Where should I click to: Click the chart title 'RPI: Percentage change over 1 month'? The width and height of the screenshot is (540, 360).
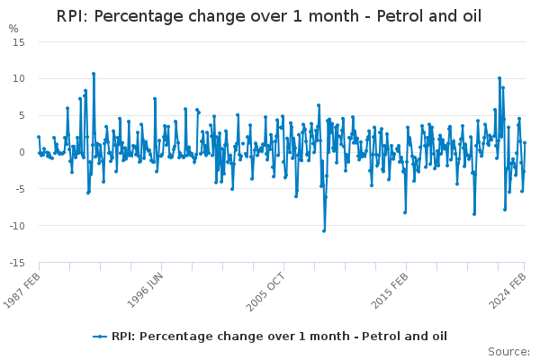269,16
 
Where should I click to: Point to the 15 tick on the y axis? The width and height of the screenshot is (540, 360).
18,42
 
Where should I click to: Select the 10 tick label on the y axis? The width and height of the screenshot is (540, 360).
18,79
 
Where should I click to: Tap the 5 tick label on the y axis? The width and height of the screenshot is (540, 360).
21,116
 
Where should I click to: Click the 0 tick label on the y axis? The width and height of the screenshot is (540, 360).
21,153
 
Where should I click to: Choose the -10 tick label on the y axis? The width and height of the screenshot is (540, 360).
16,227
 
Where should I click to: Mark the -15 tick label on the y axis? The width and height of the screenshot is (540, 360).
16,264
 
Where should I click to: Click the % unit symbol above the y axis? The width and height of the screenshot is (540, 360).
13,29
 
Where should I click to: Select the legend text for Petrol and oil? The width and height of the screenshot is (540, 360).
279,337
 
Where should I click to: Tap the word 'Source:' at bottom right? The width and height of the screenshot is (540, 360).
508,351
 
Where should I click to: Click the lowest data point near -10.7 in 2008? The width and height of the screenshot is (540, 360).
324,230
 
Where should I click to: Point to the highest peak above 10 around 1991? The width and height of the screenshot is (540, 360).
93,74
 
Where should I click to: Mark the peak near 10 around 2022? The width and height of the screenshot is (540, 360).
499,78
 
